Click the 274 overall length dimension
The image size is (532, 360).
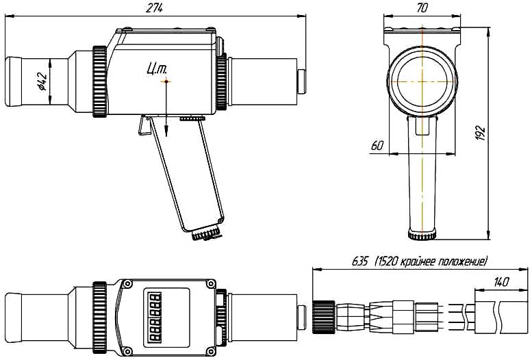coord(155,7)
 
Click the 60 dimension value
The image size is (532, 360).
coord(376,145)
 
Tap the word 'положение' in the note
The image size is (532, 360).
coord(463,261)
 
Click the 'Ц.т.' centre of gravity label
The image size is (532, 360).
coord(157,67)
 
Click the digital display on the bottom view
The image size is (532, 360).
coord(155,316)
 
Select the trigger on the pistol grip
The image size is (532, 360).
coord(144,125)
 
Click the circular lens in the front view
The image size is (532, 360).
coord(422,80)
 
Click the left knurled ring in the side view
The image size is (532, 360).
coord(99,81)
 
